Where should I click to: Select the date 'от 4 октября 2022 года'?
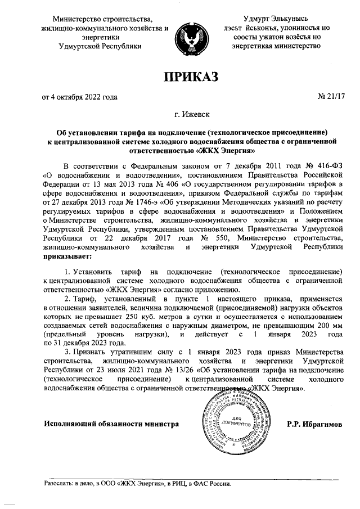tap(80, 97)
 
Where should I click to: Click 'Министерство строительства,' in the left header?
tap(101, 20)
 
